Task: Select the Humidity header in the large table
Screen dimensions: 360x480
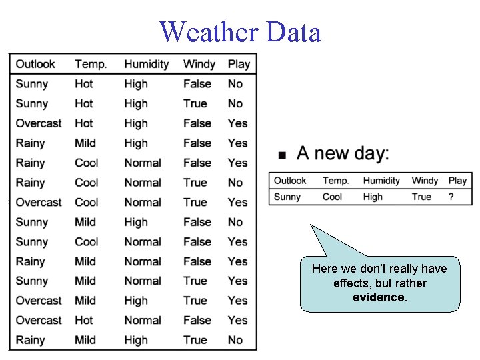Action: (x=146, y=64)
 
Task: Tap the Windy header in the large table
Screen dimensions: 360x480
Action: (x=199, y=64)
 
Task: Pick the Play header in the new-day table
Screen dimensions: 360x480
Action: (x=457, y=181)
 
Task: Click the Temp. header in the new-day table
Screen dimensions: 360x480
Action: (x=335, y=181)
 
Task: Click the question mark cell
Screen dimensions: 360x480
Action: (x=451, y=197)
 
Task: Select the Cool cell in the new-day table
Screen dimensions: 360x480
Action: (x=332, y=197)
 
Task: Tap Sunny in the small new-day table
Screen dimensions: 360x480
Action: (x=287, y=197)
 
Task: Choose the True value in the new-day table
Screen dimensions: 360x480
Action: (x=421, y=197)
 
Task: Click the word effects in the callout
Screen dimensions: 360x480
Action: (x=352, y=283)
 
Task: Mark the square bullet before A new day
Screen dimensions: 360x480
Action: (x=282, y=155)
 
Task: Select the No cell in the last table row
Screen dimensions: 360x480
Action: (x=235, y=340)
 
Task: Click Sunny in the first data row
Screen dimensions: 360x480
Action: (x=31, y=84)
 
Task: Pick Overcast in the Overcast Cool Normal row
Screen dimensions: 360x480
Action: (x=38, y=202)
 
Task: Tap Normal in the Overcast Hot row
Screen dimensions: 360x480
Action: (x=142, y=320)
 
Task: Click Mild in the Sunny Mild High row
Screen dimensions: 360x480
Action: (x=85, y=222)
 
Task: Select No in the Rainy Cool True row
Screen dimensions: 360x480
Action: (x=235, y=183)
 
